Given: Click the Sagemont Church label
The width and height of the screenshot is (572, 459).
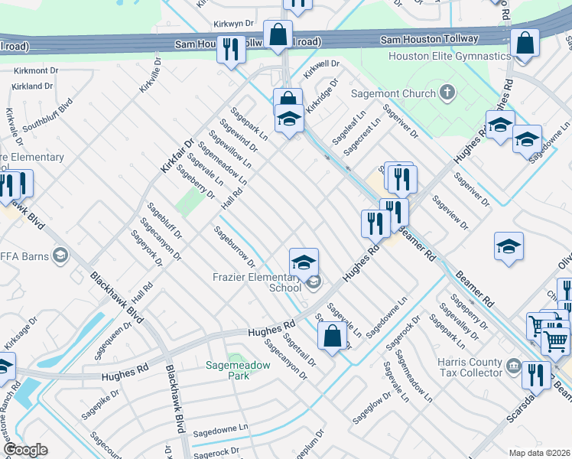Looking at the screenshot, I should tap(393, 94).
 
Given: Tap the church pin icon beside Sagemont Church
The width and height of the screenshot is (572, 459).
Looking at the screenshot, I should tap(448, 93).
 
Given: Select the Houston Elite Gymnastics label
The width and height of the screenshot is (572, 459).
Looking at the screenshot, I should tap(449, 57).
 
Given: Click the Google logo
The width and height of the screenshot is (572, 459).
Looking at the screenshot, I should tap(25, 450).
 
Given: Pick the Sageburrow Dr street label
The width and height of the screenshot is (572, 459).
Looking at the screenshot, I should tap(233, 246).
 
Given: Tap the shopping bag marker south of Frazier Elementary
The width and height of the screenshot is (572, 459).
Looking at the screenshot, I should tap(332, 336).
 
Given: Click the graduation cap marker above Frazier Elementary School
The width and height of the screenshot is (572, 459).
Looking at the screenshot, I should tap(304, 262).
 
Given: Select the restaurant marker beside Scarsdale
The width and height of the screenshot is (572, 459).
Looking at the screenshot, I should tap(536, 375).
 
